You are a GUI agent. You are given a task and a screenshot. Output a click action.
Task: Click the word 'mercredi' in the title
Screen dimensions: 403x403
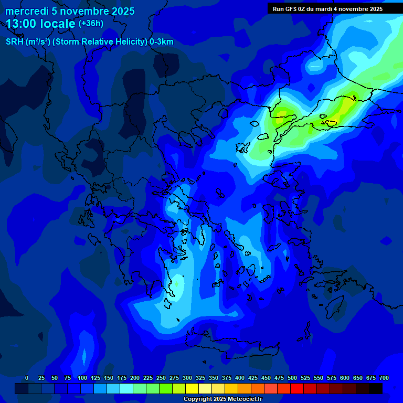[x=26, y=11]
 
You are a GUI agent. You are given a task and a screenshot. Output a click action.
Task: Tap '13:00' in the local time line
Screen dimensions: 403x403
[x=20, y=24]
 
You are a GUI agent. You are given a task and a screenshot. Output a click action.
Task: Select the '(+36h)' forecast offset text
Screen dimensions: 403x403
[x=91, y=24]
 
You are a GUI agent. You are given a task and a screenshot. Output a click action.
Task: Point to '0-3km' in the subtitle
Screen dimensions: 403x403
[x=162, y=42]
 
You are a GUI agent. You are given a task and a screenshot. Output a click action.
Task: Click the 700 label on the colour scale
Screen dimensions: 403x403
[x=384, y=378]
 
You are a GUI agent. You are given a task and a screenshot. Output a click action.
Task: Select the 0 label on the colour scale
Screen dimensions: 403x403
[x=27, y=378]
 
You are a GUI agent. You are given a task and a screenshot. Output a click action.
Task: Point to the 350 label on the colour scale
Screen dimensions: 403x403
[x=214, y=378]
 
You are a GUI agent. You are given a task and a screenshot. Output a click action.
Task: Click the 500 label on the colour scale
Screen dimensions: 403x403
[x=292, y=378]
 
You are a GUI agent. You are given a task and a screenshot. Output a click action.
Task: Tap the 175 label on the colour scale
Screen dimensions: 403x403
[x=122, y=378]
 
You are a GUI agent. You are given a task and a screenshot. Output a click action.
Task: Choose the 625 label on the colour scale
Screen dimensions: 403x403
[x=358, y=378]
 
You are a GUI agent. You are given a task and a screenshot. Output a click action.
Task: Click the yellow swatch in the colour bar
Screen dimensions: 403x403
[x=192, y=388]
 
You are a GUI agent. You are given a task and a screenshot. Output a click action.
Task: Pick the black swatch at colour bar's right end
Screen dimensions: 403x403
[x=376, y=388]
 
